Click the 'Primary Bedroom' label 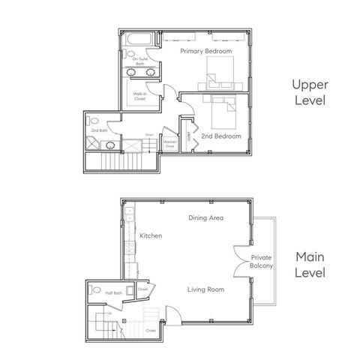[x=205, y=51]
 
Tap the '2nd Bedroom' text [x=220, y=136]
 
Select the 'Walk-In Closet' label [x=139, y=96]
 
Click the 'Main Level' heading [x=309, y=264]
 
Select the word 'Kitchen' [x=151, y=235]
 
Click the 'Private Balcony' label [x=261, y=262]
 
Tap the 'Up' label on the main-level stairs [x=110, y=313]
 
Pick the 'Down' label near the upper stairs [x=150, y=135]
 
